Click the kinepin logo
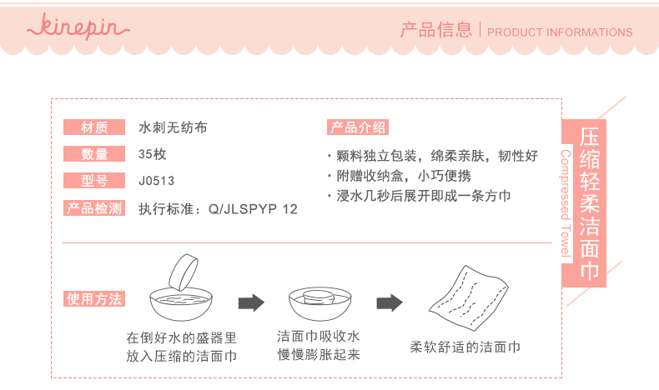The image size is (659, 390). tap(79, 27)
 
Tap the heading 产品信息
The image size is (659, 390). tap(435, 31)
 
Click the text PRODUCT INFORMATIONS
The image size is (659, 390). tap(560, 32)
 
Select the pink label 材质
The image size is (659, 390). tap(94, 127)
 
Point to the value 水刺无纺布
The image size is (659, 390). tap(173, 127)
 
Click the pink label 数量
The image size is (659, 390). tap(94, 153)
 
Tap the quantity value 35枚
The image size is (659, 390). tap(153, 153)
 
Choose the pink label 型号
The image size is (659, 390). tap(94, 180)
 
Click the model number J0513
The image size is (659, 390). tap(157, 180)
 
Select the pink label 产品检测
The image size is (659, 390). tap(94, 207)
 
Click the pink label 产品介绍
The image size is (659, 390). tap(357, 127)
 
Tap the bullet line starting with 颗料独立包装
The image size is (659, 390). tap(436, 156)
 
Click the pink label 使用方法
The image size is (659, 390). tap(94, 299)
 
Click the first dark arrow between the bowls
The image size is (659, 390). tap(250, 302)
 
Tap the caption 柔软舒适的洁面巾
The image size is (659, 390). tap(465, 347)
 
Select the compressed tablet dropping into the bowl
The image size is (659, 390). tap(186, 271)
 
